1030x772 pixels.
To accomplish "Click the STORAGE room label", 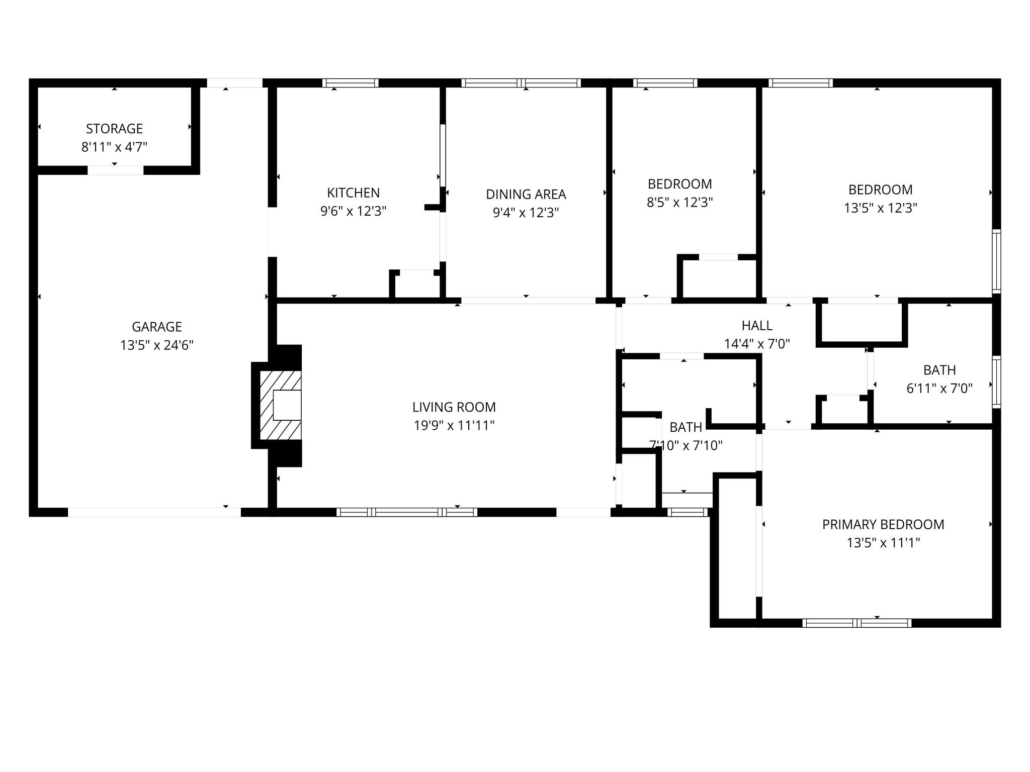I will click(x=114, y=129).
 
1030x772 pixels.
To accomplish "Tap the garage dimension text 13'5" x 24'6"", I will click(x=157, y=345).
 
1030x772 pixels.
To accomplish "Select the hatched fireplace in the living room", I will click(x=281, y=405).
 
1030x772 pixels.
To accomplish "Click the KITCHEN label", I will click(x=353, y=192).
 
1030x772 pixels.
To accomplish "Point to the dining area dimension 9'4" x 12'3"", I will click(x=526, y=213).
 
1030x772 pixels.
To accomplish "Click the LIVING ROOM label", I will click(x=454, y=407).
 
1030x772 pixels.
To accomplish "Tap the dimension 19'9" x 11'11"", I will click(x=454, y=426).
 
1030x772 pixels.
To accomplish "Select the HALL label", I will click(x=756, y=326).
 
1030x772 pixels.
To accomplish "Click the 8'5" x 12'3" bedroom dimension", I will click(x=679, y=203).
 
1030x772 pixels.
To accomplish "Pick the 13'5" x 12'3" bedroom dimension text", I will click(x=880, y=208).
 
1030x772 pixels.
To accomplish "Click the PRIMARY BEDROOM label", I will click(x=883, y=524).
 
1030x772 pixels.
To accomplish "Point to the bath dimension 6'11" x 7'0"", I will click(x=939, y=389).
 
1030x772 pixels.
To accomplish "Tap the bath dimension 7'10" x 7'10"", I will click(x=685, y=445).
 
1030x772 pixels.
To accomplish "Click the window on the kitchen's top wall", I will click(x=350, y=83).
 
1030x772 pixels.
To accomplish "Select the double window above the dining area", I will click(x=521, y=83).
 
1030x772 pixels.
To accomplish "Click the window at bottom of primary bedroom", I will click(x=856, y=623).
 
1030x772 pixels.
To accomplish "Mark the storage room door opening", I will click(x=116, y=170).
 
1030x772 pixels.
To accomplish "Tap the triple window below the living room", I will click(x=406, y=512).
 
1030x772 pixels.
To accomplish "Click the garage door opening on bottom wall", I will click(x=154, y=512).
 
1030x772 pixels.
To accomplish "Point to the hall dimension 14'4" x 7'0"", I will click(x=756, y=344).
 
